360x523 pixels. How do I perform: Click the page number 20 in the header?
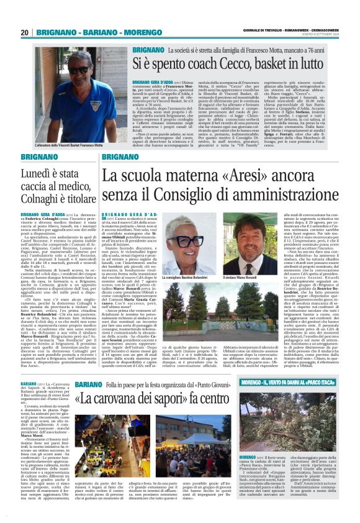[25, 33]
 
